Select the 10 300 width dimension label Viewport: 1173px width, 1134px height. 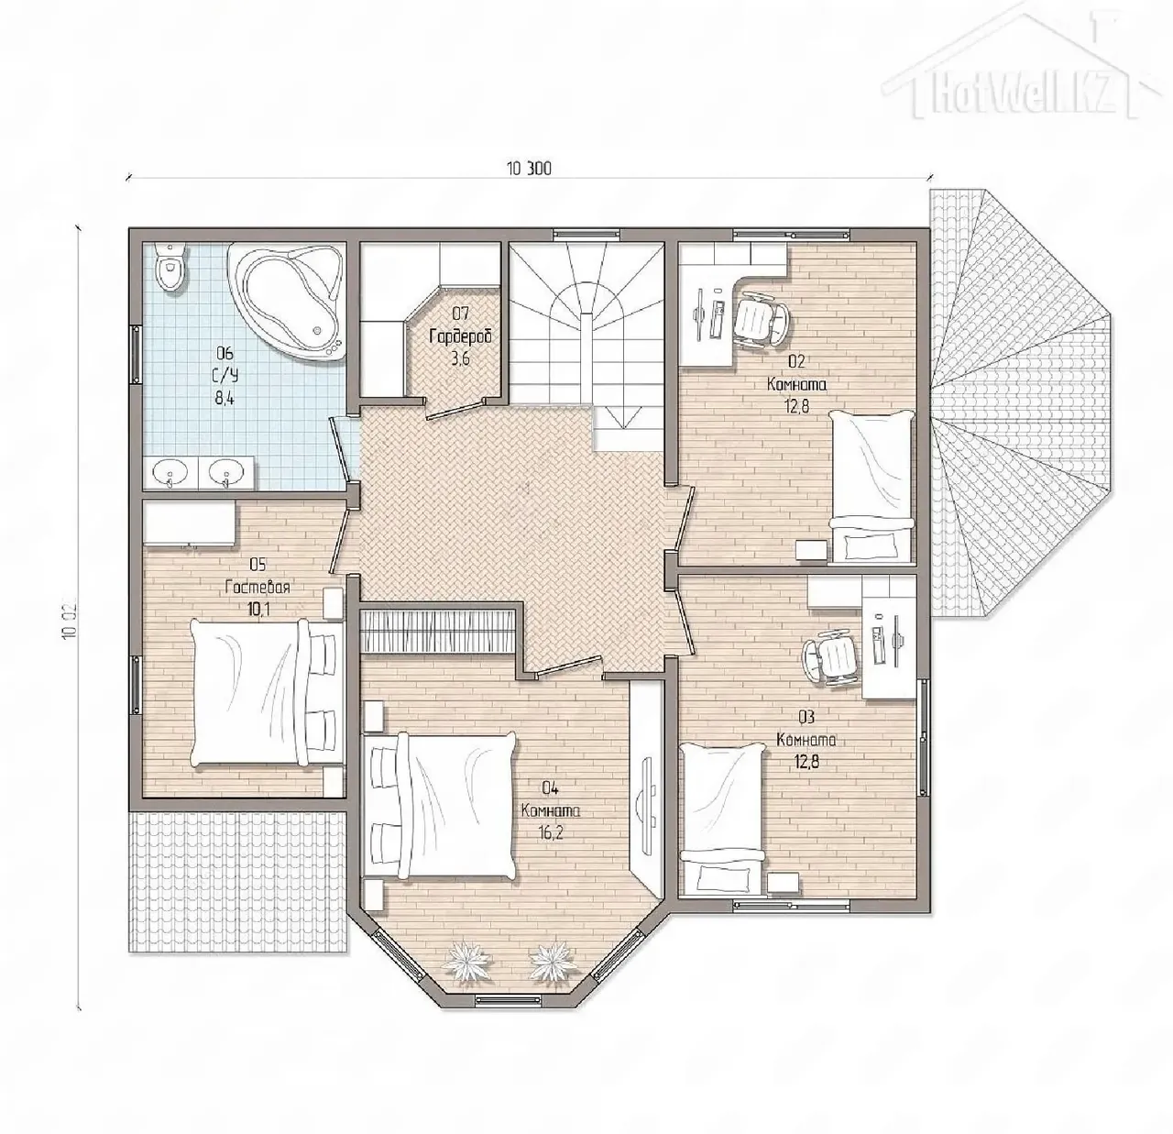(530, 168)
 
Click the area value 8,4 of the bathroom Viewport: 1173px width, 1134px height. (224, 399)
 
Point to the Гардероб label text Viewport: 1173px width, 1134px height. (461, 336)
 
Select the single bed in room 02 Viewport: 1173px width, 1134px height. (871, 486)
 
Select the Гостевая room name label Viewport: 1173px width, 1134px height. (258, 588)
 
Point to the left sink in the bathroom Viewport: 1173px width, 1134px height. (170, 472)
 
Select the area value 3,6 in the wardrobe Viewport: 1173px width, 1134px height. (460, 359)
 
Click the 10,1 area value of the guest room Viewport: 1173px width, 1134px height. (258, 611)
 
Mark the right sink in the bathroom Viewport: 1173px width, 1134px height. (226, 472)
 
